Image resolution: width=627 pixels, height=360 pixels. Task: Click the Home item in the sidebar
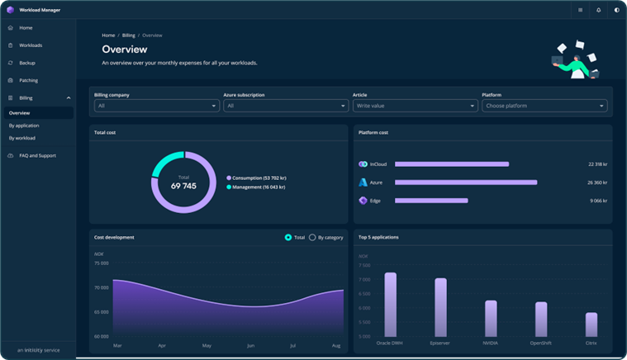pyautogui.click(x=26, y=28)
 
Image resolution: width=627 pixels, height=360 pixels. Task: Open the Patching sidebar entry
pyautogui.click(x=28, y=80)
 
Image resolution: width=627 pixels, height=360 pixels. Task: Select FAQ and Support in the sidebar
pyautogui.click(x=37, y=155)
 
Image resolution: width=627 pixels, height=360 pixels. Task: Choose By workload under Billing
pyautogui.click(x=22, y=138)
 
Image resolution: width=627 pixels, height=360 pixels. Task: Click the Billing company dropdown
pyautogui.click(x=156, y=106)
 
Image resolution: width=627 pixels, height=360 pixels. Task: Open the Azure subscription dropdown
pyautogui.click(x=285, y=106)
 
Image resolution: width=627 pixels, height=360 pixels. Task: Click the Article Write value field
pyautogui.click(x=415, y=106)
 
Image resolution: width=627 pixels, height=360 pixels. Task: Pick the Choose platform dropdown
pyautogui.click(x=544, y=106)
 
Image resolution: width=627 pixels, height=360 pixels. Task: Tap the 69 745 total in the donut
pyautogui.click(x=183, y=186)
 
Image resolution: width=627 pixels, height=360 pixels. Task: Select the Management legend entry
pyautogui.click(x=257, y=187)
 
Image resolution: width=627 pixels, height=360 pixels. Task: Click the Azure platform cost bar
pyautogui.click(x=466, y=182)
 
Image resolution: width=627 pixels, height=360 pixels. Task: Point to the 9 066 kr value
pyautogui.click(x=597, y=201)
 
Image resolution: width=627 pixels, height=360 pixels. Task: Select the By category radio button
pyautogui.click(x=312, y=238)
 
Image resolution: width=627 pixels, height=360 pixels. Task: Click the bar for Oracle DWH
pyautogui.click(x=390, y=304)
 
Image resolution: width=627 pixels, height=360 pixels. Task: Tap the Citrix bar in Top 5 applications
pyautogui.click(x=591, y=324)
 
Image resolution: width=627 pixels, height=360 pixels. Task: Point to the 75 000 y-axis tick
pyautogui.click(x=101, y=263)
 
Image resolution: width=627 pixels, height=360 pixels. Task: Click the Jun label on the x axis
pyautogui.click(x=250, y=345)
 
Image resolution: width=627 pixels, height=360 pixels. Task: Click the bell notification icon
pyautogui.click(x=598, y=10)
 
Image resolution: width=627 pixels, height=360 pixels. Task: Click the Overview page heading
pyautogui.click(x=125, y=50)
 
